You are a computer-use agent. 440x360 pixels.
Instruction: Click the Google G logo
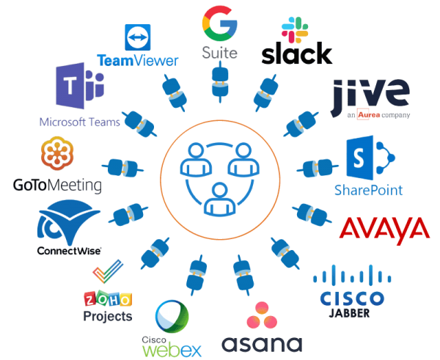pos(218,23)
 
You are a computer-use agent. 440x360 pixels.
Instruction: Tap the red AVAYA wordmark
pos(384,229)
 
